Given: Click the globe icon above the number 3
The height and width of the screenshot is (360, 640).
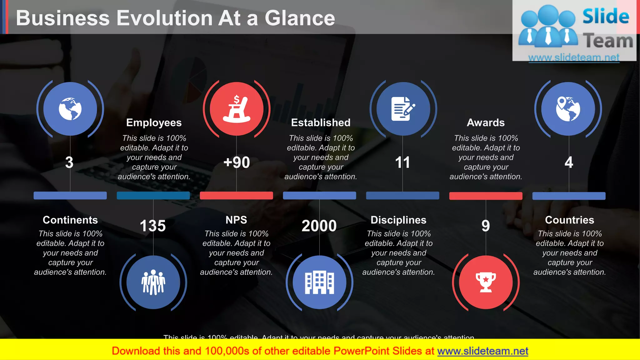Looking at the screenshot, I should pos(70,109).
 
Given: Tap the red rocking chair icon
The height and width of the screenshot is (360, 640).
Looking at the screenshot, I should pos(237,109).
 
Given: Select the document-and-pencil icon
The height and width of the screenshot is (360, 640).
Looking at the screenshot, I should pos(403,109).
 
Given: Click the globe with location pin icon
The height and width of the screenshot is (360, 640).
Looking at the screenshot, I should pos(568,109).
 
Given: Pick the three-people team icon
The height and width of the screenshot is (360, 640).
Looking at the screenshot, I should pos(153,282).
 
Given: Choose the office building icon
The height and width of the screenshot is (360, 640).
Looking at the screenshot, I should pos(319,282).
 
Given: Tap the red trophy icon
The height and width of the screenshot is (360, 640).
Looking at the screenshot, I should pos(486,282).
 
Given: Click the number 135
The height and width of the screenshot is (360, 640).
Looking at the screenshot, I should pos(152,226).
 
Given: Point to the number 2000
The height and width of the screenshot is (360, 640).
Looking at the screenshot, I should pos(319,226).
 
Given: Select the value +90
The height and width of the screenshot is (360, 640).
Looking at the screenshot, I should pos(237,162).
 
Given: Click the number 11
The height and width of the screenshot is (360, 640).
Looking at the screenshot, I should pos(402,162).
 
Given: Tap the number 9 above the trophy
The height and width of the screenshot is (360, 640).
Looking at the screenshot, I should pos(486,226).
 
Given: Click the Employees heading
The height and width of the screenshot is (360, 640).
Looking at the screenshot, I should pos(154,122).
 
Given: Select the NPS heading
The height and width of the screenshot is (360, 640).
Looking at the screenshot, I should pos(236,220).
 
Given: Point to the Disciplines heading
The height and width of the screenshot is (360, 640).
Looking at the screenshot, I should pos(398,220).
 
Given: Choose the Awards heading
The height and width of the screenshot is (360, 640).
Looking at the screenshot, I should pos(486,122).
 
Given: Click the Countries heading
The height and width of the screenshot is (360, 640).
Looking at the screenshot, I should pos(569,220).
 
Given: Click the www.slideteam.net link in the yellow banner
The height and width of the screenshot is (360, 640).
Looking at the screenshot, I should pos(482,351).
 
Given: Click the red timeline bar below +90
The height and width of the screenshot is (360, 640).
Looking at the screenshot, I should pos(236,196).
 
